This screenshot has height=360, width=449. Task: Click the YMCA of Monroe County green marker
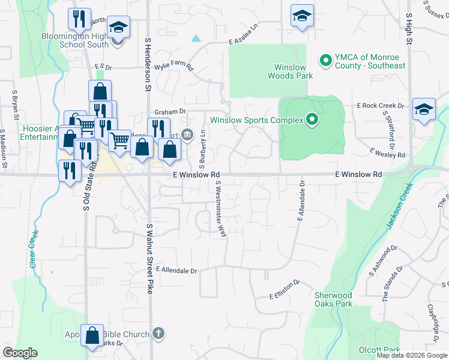pos(326,61)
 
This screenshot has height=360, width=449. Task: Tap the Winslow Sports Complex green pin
pos(312,121)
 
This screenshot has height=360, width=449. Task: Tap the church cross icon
pos(158,333)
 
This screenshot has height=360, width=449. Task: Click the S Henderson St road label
pos(148,64)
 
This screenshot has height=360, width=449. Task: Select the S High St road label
pos(409,29)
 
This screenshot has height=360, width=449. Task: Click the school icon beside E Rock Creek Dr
pos(424,109)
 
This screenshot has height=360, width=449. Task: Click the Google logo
pos(20,353)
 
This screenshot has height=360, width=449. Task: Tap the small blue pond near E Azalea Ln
pos(196,38)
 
